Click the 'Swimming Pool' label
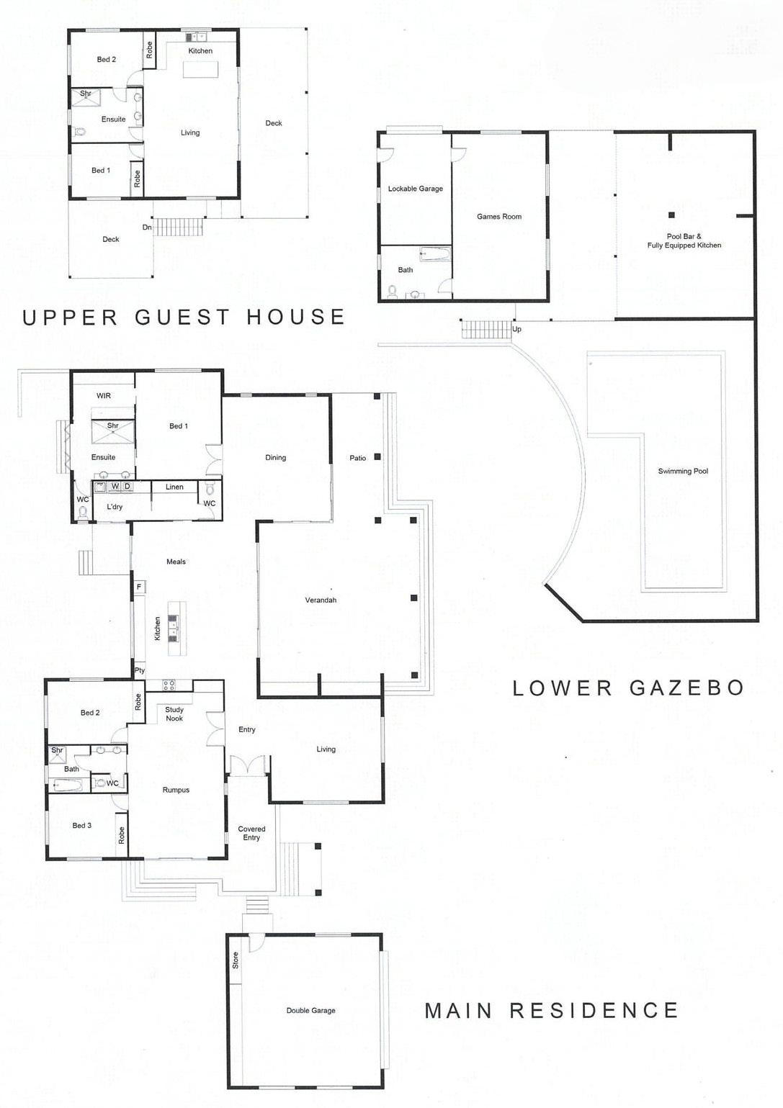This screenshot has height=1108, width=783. coord(683,472)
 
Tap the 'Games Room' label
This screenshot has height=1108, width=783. coord(499,216)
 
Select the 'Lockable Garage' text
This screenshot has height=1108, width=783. coord(415,189)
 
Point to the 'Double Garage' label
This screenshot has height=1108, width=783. coord(311,1011)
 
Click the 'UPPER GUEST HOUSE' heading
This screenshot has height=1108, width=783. coord(184,317)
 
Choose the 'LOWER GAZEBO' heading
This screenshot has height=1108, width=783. coord(628,688)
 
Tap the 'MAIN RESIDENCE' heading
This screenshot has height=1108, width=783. coord(551,1010)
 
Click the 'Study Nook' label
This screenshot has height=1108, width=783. coord(174,714)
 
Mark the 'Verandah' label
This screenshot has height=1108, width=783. coord(321,600)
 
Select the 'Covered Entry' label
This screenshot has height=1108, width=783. coord(251,833)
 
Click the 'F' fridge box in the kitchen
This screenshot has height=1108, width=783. coord(139,587)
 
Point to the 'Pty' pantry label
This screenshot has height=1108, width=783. coord(140,671)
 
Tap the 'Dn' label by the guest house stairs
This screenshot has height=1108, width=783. coord(147,228)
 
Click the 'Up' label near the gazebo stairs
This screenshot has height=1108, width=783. coord(516,329)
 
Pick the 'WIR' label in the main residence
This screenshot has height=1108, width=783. coord(104,396)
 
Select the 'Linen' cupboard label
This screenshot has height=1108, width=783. coord(174,487)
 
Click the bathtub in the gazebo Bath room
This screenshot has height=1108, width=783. coord(435,254)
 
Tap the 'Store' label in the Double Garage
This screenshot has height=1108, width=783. coord(236,960)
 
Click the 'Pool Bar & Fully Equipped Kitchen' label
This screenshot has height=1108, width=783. coord(684,241)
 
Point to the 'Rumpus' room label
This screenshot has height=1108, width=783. coord(176,790)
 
